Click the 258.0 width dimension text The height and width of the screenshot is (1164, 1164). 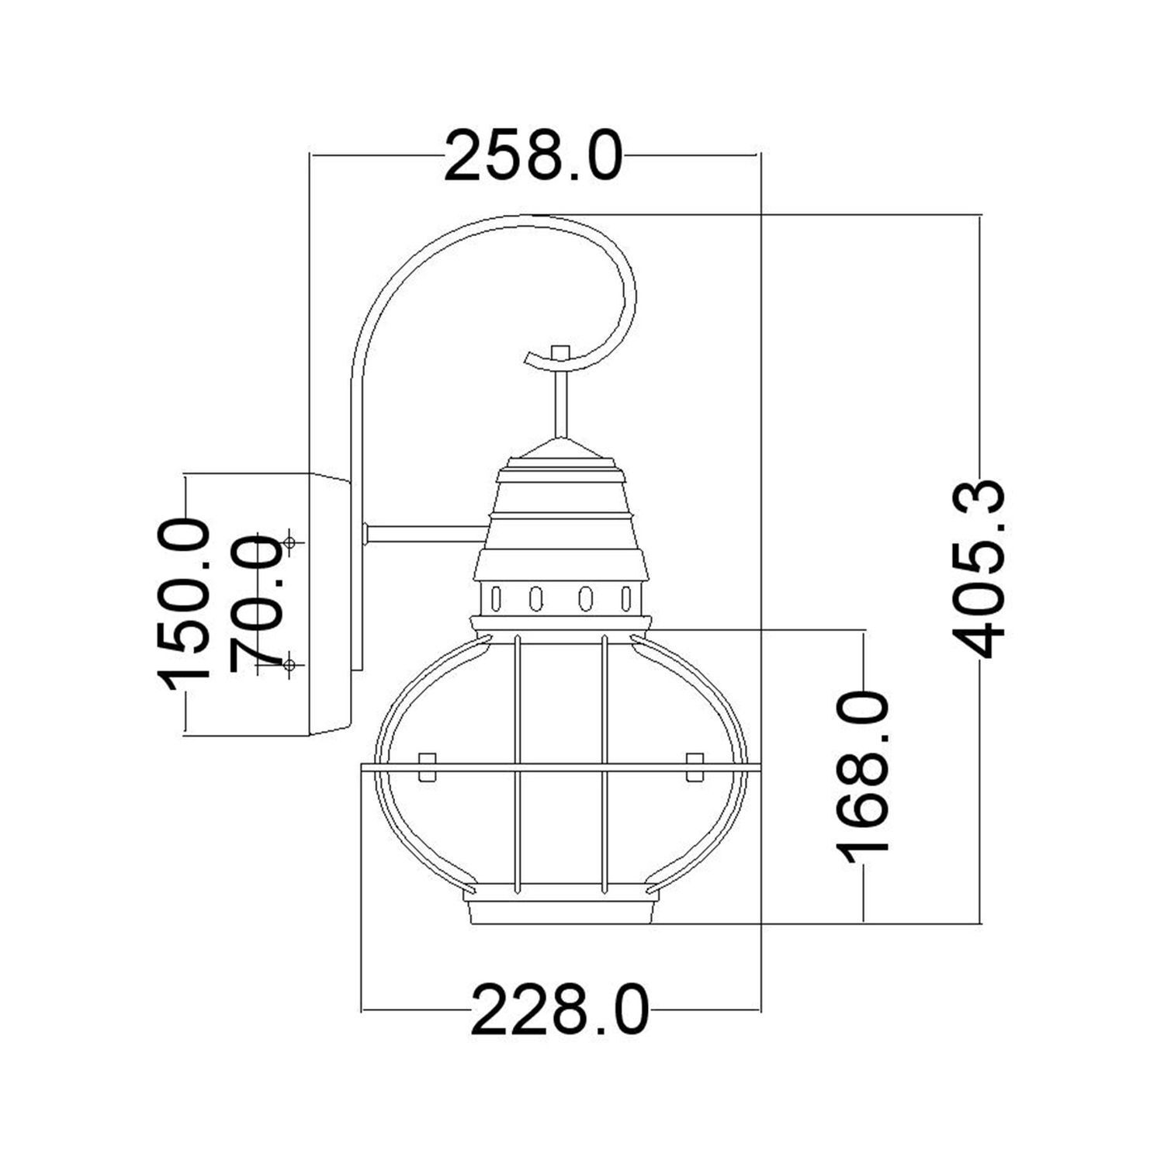533,157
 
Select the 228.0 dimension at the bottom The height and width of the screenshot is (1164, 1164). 559,1010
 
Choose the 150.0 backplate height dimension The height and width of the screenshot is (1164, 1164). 185,604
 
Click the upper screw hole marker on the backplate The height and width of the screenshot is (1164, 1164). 289,543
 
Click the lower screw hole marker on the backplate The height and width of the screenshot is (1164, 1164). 289,665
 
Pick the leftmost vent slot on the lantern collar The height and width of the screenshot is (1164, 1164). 497,599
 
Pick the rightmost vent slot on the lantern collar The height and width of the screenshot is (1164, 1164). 625,599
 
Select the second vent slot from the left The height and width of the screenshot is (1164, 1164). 535,599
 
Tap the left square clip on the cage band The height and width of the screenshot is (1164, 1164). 427,767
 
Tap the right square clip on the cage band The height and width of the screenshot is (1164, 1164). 695,767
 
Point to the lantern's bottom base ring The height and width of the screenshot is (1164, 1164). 560,913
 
